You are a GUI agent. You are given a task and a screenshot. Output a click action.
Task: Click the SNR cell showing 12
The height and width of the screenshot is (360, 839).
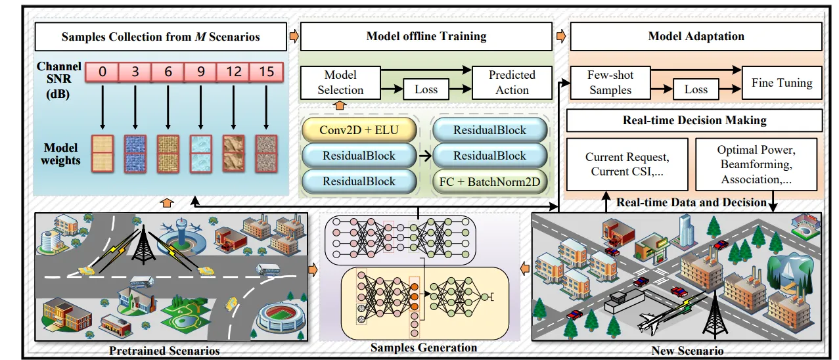click(234, 72)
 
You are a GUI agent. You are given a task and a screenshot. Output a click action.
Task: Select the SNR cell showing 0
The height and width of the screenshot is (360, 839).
click(102, 72)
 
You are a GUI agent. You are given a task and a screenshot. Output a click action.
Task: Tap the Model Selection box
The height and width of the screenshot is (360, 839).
click(340, 83)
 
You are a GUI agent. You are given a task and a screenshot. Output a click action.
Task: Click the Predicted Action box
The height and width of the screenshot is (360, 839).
click(512, 83)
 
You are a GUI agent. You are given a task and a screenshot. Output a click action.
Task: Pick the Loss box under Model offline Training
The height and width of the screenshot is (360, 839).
click(426, 89)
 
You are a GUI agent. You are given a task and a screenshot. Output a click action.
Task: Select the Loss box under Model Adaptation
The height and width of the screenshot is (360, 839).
click(696, 89)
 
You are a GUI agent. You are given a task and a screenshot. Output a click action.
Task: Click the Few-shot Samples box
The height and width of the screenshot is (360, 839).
click(610, 83)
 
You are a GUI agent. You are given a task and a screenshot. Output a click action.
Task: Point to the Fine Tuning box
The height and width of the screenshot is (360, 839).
click(782, 83)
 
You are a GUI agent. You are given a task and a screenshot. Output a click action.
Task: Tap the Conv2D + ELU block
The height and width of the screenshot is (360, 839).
click(358, 130)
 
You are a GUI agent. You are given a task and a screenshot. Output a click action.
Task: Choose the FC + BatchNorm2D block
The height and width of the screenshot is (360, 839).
click(489, 181)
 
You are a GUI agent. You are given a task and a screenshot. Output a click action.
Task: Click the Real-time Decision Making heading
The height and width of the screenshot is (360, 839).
click(694, 120)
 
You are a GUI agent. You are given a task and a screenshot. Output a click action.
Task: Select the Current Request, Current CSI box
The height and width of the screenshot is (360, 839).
click(627, 164)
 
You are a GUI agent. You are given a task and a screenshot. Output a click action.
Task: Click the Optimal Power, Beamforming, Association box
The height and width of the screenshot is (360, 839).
click(756, 164)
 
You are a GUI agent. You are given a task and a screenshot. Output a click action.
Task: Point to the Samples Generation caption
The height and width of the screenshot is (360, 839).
click(424, 347)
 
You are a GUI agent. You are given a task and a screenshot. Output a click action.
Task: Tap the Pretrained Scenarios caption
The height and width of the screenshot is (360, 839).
click(164, 350)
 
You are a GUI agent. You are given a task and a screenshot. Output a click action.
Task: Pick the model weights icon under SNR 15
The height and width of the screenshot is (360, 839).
click(266, 152)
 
